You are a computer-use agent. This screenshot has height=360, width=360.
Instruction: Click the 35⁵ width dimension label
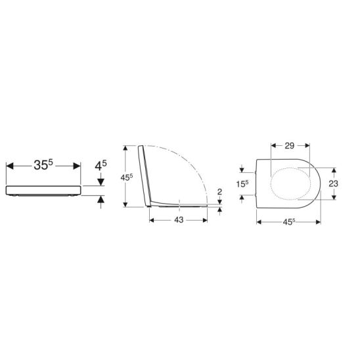pos(43,165)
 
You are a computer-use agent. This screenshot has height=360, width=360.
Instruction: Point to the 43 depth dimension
pos(177,220)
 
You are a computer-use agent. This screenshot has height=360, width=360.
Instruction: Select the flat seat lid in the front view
pos(43,191)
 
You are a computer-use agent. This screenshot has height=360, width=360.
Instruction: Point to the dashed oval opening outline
pos(293,184)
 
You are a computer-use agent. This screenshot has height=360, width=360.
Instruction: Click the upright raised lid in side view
pos(145,174)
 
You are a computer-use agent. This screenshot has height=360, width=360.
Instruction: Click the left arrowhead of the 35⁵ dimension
pos(8,165)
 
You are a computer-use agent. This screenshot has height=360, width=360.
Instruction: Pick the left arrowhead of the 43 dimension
pos(153,220)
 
